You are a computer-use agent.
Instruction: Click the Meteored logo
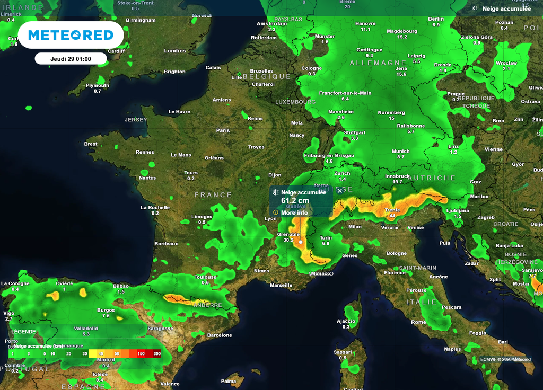click(x=71, y=36)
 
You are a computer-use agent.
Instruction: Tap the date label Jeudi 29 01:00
click(x=71, y=59)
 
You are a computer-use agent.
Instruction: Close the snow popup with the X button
click(x=339, y=191)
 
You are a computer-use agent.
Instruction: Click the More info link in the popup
click(x=294, y=213)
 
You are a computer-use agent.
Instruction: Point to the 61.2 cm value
click(x=295, y=201)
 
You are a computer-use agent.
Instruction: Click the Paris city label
click(x=223, y=130)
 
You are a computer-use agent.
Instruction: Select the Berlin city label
click(x=436, y=19)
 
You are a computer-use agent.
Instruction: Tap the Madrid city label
click(x=106, y=360)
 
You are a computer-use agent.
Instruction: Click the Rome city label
click(x=418, y=322)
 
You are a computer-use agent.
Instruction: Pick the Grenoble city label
click(x=288, y=234)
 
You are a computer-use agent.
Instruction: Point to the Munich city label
click(x=400, y=152)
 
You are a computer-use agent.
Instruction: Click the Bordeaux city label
click(x=166, y=244)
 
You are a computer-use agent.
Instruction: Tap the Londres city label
click(x=175, y=51)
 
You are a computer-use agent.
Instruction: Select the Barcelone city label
click(x=220, y=335)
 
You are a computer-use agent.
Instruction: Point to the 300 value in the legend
click(x=156, y=353)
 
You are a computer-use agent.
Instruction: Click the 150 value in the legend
click(x=141, y=353)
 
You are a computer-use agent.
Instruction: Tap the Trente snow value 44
click(x=392, y=216)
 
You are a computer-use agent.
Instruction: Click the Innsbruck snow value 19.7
click(x=397, y=182)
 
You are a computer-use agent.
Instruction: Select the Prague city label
click(x=456, y=94)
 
